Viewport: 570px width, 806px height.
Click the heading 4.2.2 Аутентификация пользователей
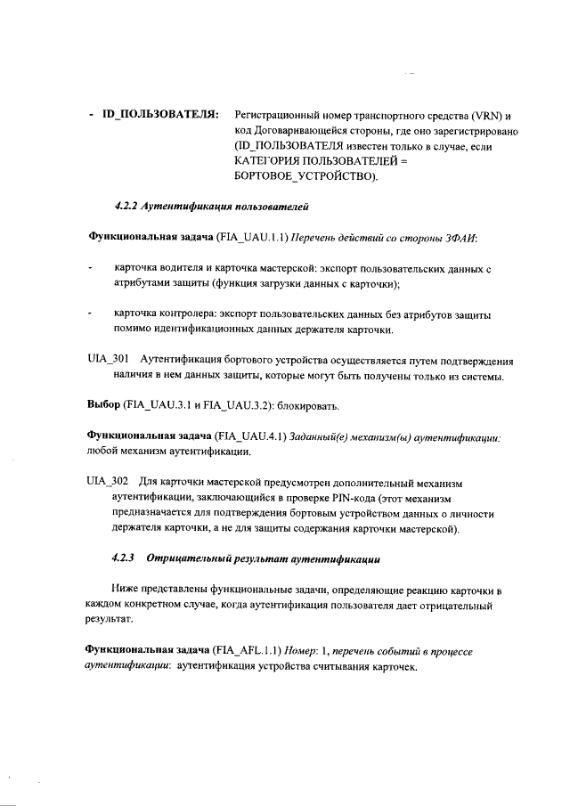tap(211, 207)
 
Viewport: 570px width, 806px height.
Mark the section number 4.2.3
tap(124, 559)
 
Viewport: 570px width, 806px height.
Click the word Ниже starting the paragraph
tap(127, 590)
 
